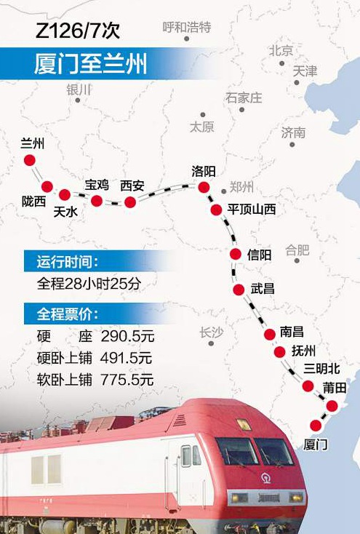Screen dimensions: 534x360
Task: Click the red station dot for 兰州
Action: pyautogui.click(x=30, y=160)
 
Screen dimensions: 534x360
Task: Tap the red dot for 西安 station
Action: pyautogui.click(x=130, y=202)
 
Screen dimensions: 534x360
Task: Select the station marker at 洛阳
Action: pyautogui.click(x=204, y=188)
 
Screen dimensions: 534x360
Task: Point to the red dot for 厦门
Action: pyautogui.click(x=316, y=426)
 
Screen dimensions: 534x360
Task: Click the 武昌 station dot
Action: pyautogui.click(x=239, y=290)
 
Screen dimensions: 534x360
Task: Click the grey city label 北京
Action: pyautogui.click(x=281, y=51)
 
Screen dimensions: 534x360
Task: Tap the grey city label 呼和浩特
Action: pyautogui.click(x=187, y=28)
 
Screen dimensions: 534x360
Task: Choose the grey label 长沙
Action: pyautogui.click(x=212, y=333)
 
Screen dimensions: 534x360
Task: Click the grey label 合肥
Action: pyautogui.click(x=297, y=250)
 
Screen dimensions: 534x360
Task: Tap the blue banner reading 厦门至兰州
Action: pyautogui.click(x=90, y=63)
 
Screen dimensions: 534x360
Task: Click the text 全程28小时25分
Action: pyautogui.click(x=88, y=284)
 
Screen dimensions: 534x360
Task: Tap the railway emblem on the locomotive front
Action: pyautogui.click(x=268, y=478)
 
